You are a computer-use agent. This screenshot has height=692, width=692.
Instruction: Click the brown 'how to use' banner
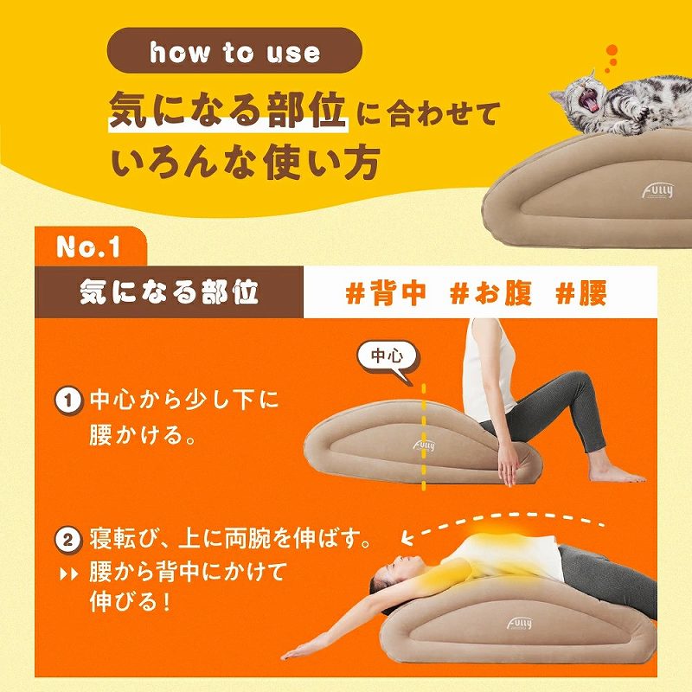click(x=234, y=54)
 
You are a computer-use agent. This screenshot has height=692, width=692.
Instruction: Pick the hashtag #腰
click(x=581, y=293)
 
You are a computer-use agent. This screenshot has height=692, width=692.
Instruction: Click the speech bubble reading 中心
click(x=387, y=356)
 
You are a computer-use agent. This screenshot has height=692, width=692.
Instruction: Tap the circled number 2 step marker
click(x=67, y=542)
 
